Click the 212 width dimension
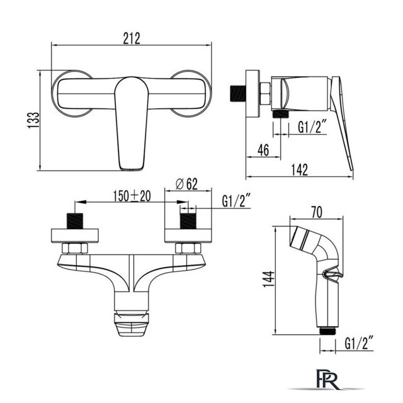(132, 38)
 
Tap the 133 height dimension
(33, 120)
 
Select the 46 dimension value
(263, 150)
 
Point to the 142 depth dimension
(300, 170)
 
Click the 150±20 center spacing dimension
(132, 196)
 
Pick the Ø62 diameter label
(187, 184)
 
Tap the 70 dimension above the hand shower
(317, 212)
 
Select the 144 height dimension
(269, 279)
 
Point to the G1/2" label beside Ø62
(237, 201)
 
